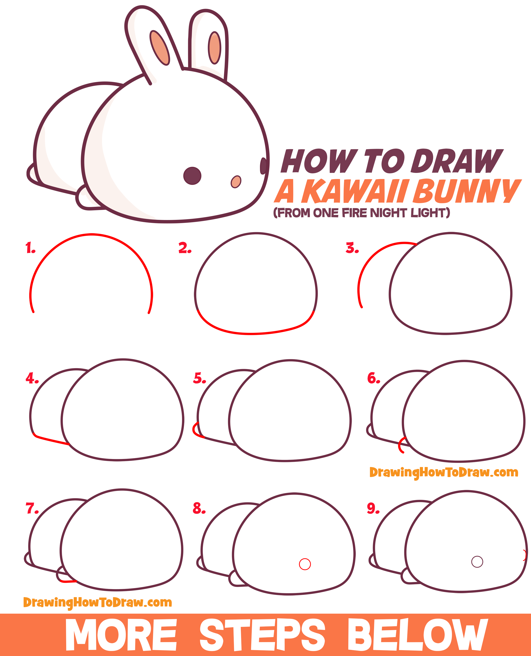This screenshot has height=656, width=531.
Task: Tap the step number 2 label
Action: (184, 248)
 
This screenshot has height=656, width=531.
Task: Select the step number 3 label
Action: (352, 248)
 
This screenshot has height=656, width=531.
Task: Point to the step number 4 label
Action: (32, 378)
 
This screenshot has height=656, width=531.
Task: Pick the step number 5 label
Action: (199, 378)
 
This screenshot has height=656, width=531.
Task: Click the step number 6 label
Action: (373, 378)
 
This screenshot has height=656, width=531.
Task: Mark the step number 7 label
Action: (32, 509)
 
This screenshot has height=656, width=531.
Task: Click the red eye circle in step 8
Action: (305, 564)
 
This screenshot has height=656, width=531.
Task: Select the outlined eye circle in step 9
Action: (477, 562)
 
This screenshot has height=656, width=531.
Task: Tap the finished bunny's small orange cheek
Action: (236, 182)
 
